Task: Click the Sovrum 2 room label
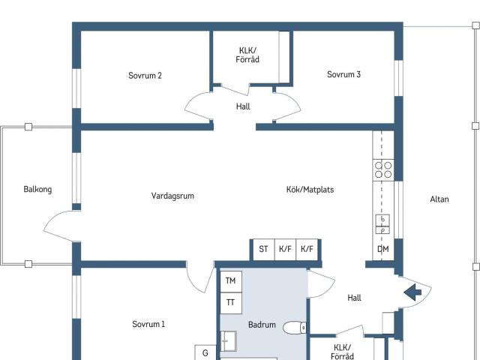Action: click(x=145, y=75)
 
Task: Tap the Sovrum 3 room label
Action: click(x=343, y=74)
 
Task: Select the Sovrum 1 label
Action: click(x=148, y=324)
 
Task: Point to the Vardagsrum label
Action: click(x=172, y=196)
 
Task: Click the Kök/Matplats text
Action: click(x=310, y=190)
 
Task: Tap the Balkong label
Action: click(x=37, y=190)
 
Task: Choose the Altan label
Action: click(x=439, y=199)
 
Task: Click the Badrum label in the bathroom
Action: click(x=262, y=325)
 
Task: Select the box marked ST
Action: click(x=263, y=249)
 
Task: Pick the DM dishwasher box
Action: click(x=382, y=249)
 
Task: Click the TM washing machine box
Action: click(x=230, y=280)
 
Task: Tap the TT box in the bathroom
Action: click(x=230, y=302)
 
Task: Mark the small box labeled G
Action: click(x=205, y=352)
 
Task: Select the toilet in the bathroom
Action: click(x=297, y=327)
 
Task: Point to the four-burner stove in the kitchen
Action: click(x=383, y=169)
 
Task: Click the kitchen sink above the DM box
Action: click(x=382, y=224)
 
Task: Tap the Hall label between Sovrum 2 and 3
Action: click(x=243, y=106)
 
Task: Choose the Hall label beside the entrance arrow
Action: click(x=355, y=298)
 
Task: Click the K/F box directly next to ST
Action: click(x=285, y=249)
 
